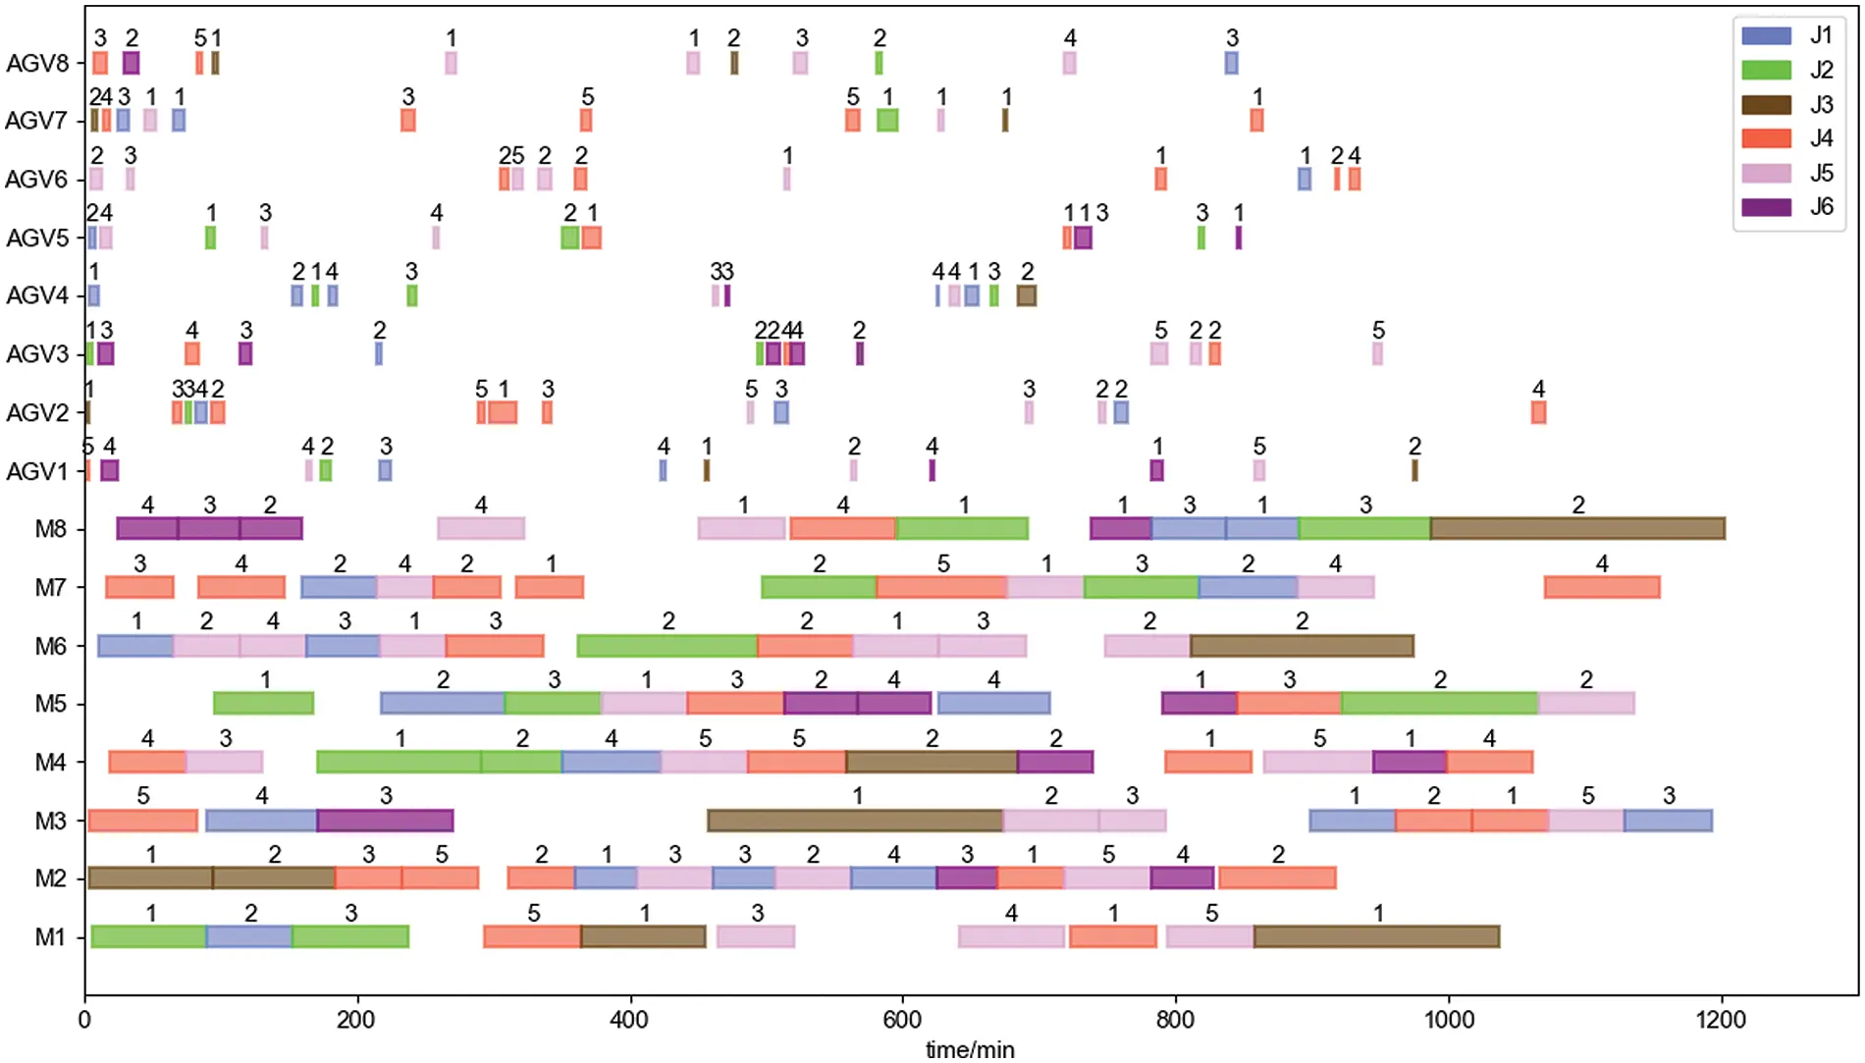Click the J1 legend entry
tap(1788, 36)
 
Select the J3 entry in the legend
tap(1788, 105)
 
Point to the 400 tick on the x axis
tap(629, 1019)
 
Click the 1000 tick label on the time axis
tap(1449, 1019)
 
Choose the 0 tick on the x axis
tap(85, 1019)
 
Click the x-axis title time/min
tap(970, 1049)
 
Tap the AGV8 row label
tap(37, 64)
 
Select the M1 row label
tap(50, 937)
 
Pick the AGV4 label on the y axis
tap(37, 295)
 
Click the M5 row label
tap(50, 705)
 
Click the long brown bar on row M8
tap(1577, 528)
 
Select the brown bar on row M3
tap(855, 821)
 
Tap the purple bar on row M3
tap(385, 821)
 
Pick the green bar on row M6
tap(667, 646)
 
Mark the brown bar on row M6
tap(1302, 646)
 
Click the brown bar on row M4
tap(932, 762)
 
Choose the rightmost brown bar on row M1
tap(1376, 936)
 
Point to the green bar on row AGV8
tap(879, 63)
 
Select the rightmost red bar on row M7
tap(1602, 587)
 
